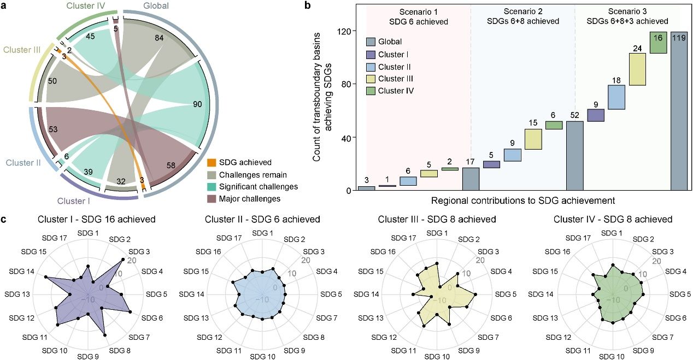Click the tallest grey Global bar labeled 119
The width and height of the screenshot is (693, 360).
[679, 111]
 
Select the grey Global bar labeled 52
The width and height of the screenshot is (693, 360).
[574, 156]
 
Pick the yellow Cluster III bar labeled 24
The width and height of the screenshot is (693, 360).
[637, 69]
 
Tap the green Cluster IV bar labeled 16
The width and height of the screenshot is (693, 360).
[658, 43]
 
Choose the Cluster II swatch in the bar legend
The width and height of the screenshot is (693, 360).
[370, 67]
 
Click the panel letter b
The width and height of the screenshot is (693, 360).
[308, 5]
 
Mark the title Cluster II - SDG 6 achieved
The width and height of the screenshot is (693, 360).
[262, 220]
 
